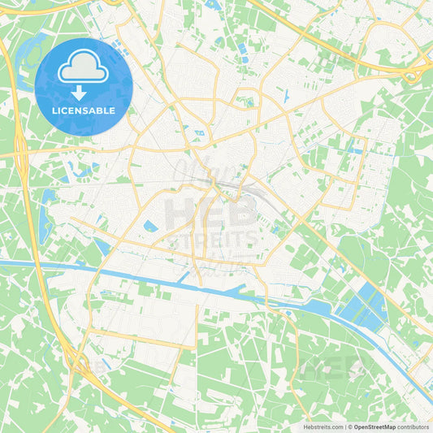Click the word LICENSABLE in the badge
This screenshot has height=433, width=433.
[x=84, y=110]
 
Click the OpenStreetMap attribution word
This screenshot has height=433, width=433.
[x=374, y=426]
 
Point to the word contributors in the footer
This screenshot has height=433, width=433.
[x=414, y=426]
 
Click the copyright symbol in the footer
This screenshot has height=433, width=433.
[x=349, y=426]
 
